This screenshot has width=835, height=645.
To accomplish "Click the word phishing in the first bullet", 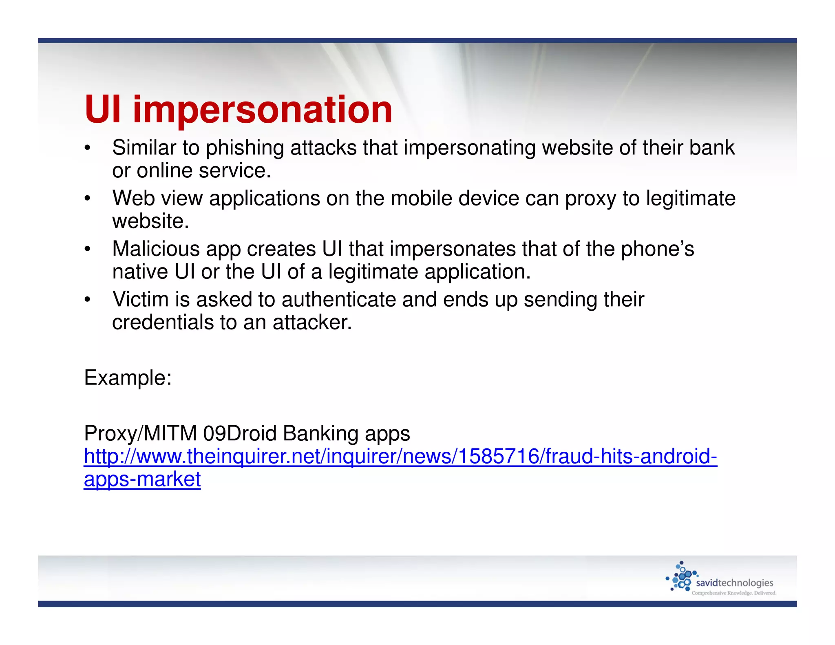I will pos(244,148).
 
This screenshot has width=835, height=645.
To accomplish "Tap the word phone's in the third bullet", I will pos(657,249).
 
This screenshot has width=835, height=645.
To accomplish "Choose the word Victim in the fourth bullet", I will pos(141,299).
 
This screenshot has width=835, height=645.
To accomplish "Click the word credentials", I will pos(163,322).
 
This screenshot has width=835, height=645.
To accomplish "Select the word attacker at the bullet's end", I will pos(311,322).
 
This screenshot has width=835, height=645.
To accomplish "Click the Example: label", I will pos(128,378).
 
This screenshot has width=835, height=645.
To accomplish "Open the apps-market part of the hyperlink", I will pos(142,479).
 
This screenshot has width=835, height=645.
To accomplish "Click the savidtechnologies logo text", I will pos(734,583).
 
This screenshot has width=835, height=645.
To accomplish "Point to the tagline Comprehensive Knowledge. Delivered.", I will pos(734,593).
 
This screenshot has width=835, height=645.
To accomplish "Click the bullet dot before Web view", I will pos(87,199).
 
